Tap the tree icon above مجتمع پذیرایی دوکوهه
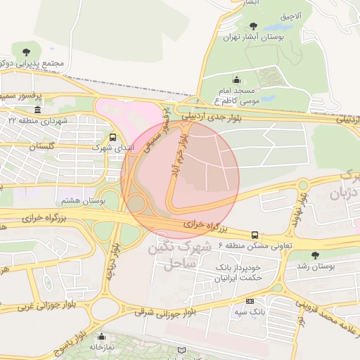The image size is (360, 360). click(26, 51)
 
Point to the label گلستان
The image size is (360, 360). click(41, 146)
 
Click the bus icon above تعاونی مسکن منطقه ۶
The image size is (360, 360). click(254, 235)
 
